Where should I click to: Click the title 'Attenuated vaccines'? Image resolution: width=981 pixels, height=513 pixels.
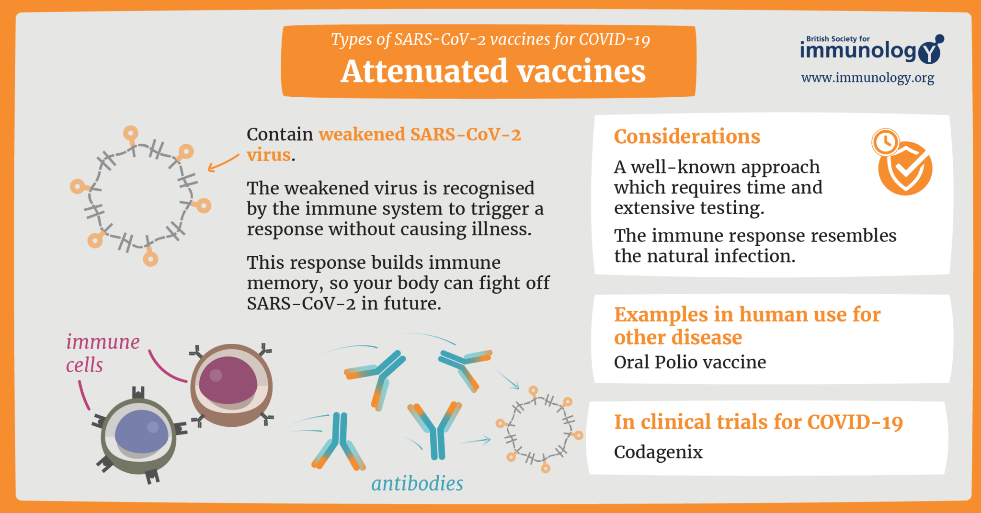(x=493, y=71)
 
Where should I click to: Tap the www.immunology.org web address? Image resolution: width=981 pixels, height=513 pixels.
(x=867, y=78)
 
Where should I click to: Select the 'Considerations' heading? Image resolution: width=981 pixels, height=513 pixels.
(x=687, y=137)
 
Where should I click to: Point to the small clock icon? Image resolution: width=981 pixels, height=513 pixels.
(x=885, y=142)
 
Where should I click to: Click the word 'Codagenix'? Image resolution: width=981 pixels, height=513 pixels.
(x=658, y=452)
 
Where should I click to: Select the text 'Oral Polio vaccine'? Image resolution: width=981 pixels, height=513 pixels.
(x=690, y=362)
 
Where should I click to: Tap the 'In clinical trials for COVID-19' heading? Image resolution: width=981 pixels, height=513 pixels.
(x=758, y=422)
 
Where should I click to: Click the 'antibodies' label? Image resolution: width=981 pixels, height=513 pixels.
(x=417, y=483)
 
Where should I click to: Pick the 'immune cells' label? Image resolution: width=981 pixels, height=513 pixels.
(x=102, y=353)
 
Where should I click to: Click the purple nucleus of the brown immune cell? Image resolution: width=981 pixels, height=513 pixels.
(x=227, y=380)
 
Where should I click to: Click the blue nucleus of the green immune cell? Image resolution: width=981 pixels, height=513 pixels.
(x=141, y=431)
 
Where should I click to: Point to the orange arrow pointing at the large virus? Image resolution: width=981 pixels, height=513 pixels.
(x=223, y=163)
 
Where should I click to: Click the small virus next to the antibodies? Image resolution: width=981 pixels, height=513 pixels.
(x=539, y=429)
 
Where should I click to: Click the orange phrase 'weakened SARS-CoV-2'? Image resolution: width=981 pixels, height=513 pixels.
(x=420, y=135)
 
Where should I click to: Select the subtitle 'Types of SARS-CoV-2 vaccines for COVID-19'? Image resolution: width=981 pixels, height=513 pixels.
(x=490, y=39)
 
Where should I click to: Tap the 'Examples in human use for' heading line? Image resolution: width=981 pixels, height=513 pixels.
(x=747, y=315)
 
